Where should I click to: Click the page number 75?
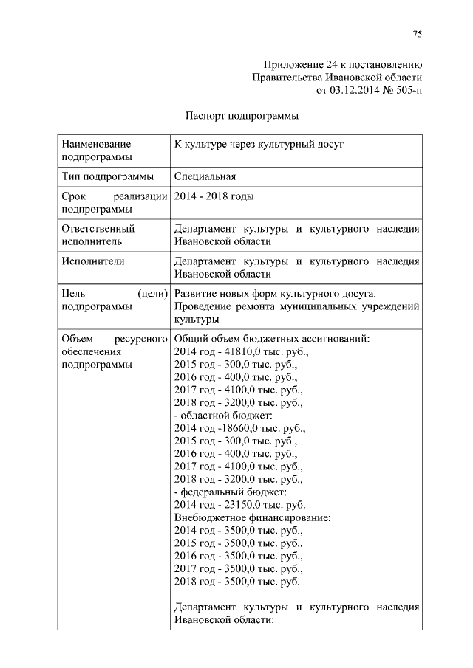(x=417, y=34)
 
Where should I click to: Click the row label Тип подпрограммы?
(x=108, y=176)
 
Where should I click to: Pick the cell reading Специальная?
(x=205, y=176)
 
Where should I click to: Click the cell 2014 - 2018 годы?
(x=214, y=197)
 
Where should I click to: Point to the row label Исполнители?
(x=93, y=261)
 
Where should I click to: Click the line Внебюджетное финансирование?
(x=252, y=517)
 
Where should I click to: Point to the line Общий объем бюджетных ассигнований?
(x=272, y=339)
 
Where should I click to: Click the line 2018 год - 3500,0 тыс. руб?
(x=236, y=582)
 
